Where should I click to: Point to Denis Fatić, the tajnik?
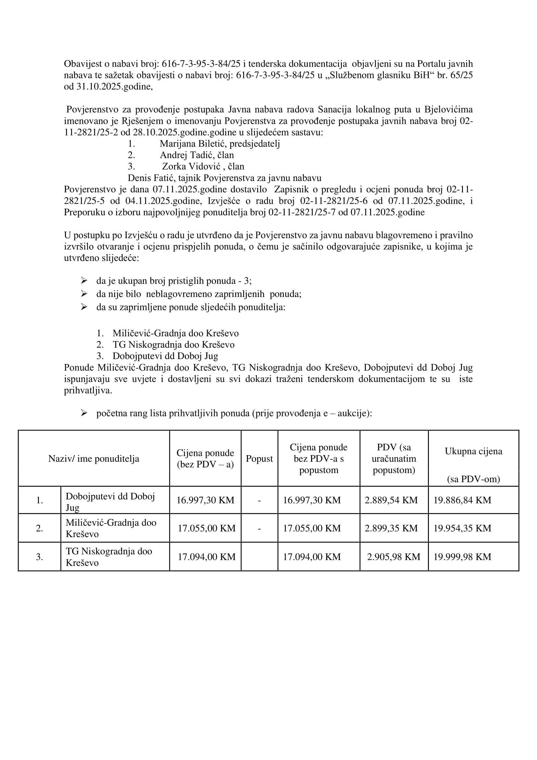(151, 178)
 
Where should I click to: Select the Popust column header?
(259, 458)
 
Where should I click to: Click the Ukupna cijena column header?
(473, 451)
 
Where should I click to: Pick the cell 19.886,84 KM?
(462, 500)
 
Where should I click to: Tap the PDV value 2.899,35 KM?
(391, 528)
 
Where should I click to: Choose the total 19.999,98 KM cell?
(462, 557)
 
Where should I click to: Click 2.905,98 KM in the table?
(393, 557)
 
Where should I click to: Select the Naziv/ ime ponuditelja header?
(94, 458)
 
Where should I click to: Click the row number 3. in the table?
(39, 557)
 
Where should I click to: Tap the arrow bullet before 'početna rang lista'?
(84, 413)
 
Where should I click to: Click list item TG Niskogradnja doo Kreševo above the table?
(173, 344)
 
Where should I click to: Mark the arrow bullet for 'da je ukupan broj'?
(84, 281)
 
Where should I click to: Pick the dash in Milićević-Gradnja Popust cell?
(259, 528)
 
